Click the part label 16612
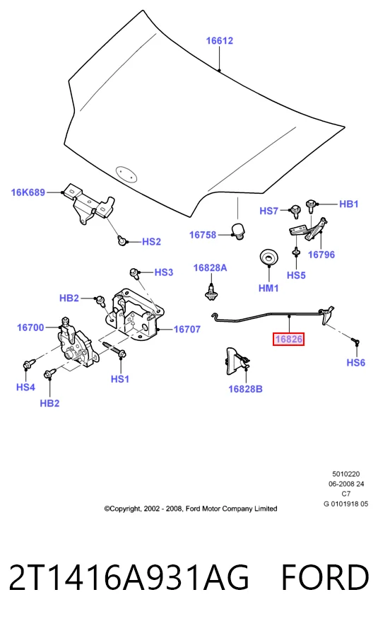219,41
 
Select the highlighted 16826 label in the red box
289,340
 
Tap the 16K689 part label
28,192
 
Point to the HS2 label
151,241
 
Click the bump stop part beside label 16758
238,231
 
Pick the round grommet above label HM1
269,257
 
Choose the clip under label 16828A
211,291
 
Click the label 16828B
246,389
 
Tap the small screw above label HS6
355,341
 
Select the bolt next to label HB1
310,206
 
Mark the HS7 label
268,211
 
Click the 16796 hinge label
321,255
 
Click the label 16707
187,330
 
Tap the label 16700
30,328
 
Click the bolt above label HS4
29,364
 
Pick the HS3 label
164,272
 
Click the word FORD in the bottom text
325,578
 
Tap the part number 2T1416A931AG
129,578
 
